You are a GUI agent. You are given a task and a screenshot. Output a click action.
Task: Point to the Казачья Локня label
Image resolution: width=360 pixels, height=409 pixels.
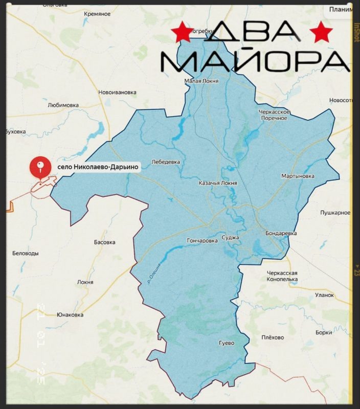(x=218, y=183)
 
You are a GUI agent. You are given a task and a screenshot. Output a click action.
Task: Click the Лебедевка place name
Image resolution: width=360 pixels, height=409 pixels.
(x=166, y=162)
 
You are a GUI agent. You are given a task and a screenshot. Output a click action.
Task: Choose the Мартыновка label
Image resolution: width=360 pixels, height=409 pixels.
(x=298, y=176)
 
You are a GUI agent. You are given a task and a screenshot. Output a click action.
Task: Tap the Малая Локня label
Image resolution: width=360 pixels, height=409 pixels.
(x=201, y=81)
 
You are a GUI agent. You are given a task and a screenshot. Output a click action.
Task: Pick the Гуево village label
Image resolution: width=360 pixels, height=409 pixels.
(x=226, y=343)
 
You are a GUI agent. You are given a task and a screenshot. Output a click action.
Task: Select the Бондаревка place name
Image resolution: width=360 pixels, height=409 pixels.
(x=281, y=233)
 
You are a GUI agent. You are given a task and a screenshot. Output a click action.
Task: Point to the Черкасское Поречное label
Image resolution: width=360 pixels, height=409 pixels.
(x=275, y=115)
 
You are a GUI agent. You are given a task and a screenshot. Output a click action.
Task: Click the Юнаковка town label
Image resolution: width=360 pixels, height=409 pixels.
(x=70, y=314)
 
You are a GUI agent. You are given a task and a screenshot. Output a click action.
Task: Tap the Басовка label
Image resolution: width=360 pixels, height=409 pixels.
(x=105, y=242)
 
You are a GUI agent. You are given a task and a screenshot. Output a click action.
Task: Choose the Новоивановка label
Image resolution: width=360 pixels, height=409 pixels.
(x=117, y=93)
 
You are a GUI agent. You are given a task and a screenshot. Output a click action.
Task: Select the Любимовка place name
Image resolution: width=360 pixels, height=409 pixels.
(x=63, y=105)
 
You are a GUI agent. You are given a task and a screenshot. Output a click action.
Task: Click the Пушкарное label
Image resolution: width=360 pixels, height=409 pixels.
(x=335, y=212)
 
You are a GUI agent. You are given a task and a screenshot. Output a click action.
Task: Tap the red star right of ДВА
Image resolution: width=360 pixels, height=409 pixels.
(x=321, y=33)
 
